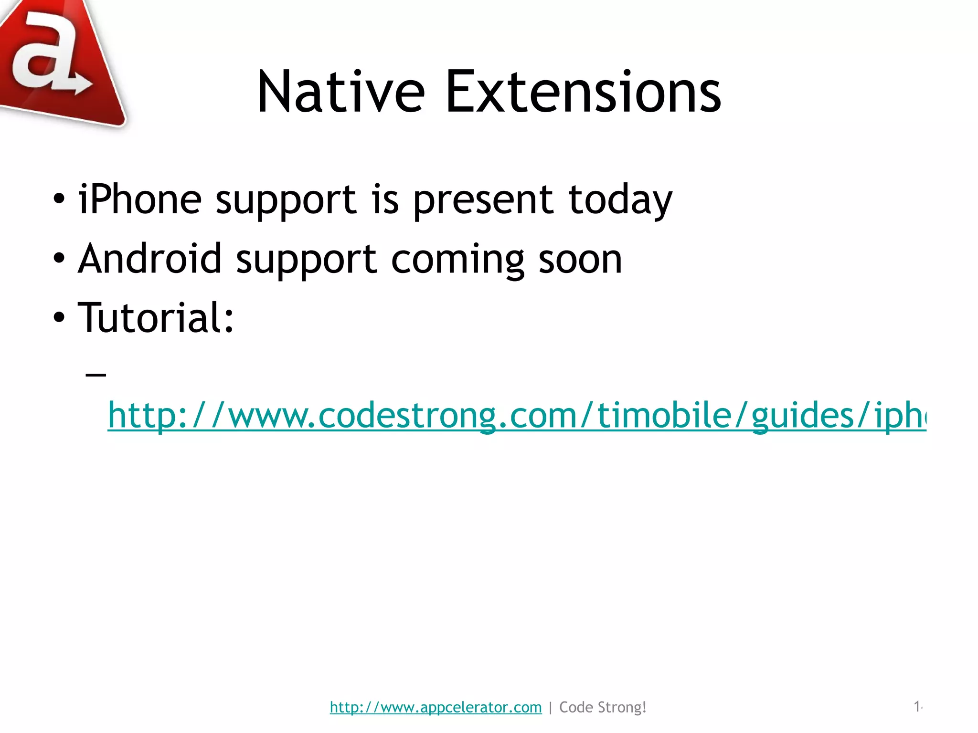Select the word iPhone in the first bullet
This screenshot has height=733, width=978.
tap(140, 199)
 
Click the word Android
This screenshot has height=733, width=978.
tap(150, 259)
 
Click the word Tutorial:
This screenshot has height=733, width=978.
tap(156, 318)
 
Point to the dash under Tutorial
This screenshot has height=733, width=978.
tap(96, 375)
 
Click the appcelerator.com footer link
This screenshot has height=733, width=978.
tap(436, 707)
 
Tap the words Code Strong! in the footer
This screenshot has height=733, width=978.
tap(603, 707)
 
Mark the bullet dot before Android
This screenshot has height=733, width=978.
tap(59, 259)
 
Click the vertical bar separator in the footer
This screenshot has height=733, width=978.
tap(551, 707)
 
